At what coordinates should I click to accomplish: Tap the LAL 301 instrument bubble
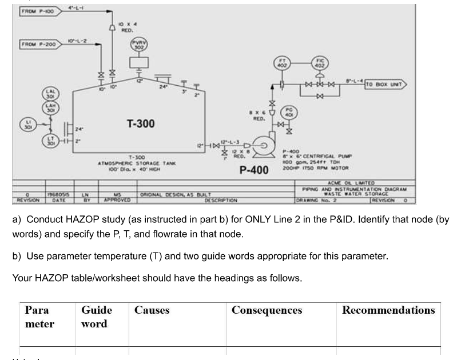click(x=49, y=94)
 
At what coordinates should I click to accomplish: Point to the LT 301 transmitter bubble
click(x=49, y=141)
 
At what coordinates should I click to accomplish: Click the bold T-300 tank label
click(x=140, y=124)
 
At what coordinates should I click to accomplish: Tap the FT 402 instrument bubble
click(x=281, y=63)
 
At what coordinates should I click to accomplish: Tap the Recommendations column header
click(x=388, y=310)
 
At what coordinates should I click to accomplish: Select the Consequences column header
click(x=267, y=310)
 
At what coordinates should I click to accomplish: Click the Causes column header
click(x=152, y=310)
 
